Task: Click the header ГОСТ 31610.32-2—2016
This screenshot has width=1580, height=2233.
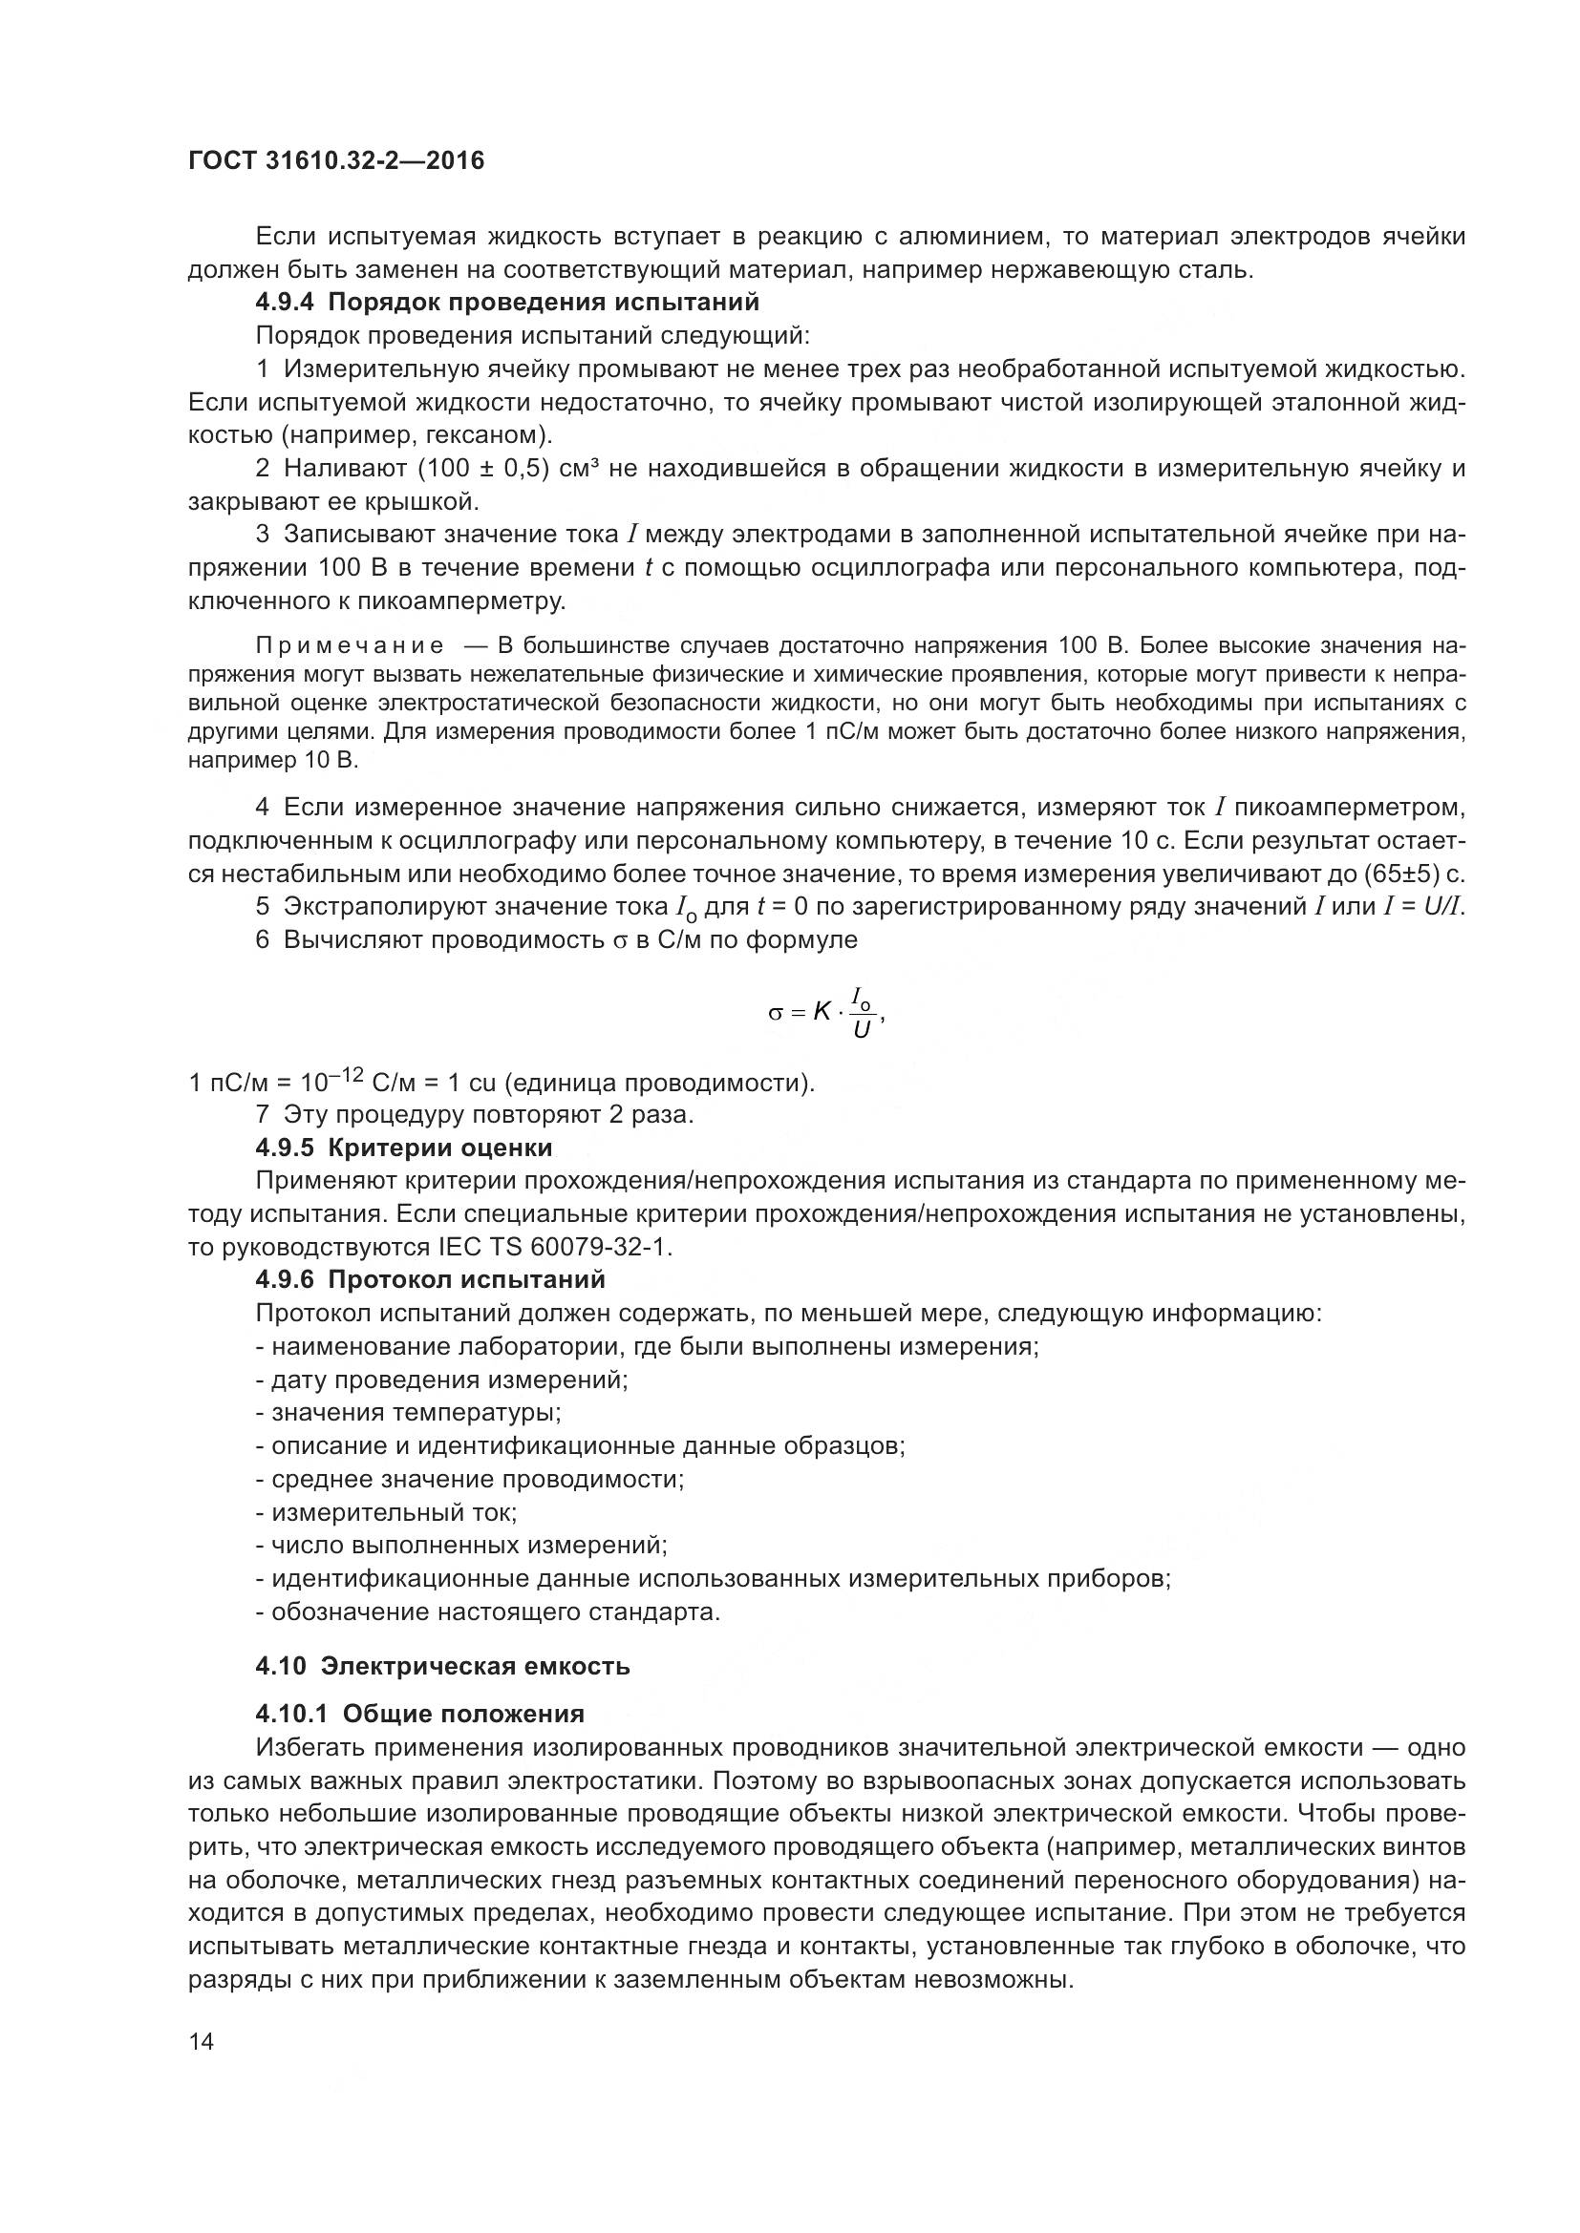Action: click(x=335, y=160)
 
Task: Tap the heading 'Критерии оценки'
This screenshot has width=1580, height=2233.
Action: click(x=439, y=1148)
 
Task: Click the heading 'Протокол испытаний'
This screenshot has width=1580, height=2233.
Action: click(x=466, y=1280)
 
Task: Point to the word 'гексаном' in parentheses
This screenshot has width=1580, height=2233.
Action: click(x=491, y=434)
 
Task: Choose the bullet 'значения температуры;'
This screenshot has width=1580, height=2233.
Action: click(x=409, y=1412)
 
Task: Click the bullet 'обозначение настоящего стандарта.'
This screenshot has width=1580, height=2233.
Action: click(x=488, y=1612)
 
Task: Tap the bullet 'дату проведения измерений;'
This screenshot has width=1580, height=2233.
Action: click(x=441, y=1380)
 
